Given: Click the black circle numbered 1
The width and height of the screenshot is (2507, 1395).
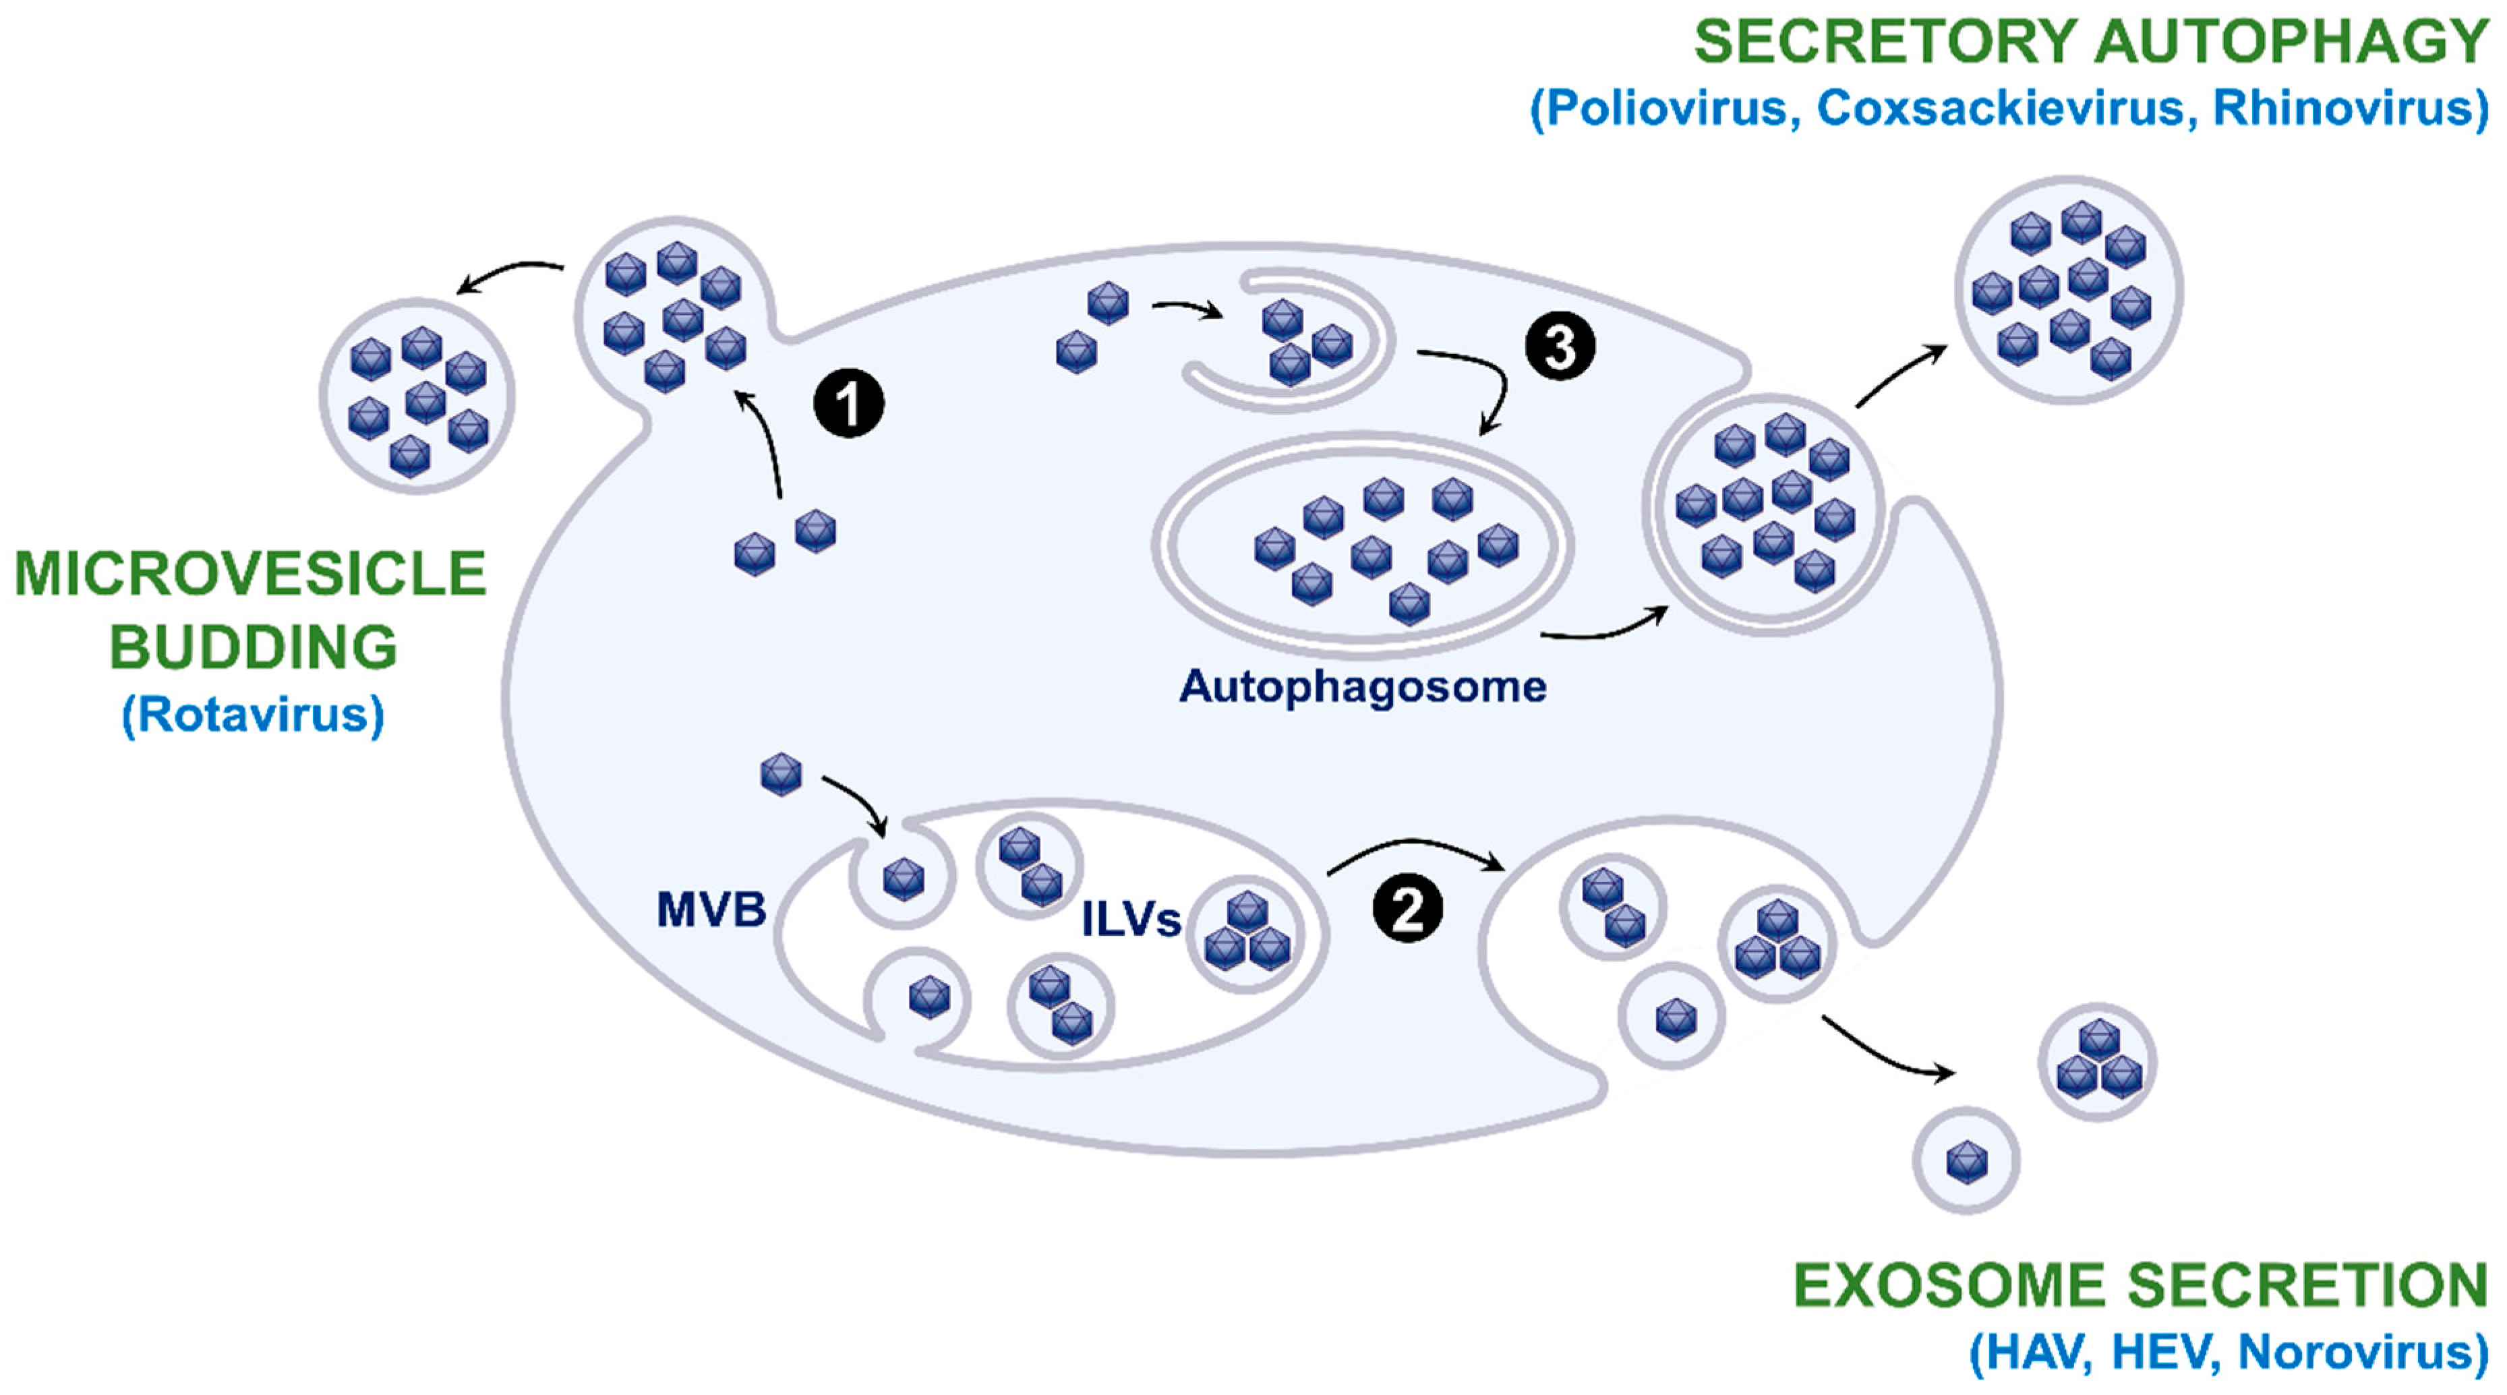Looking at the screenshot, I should point(849,403).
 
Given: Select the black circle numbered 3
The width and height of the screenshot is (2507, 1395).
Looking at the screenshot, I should point(1560,347).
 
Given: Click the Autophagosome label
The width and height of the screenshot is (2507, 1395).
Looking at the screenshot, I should point(1363,687).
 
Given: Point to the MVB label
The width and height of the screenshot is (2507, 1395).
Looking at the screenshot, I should point(711,910).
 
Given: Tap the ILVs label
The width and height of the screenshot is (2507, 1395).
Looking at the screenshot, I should point(1131,919).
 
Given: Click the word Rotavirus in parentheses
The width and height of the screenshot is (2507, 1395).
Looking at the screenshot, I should point(253,715).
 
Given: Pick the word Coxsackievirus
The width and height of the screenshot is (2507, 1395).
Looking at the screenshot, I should point(2001,107).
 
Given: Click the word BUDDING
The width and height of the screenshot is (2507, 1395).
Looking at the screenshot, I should point(253,647).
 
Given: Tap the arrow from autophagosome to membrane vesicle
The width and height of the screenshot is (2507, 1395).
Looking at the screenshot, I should point(1605,628).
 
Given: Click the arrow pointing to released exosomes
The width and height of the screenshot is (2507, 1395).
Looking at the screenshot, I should point(1888,1051).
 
